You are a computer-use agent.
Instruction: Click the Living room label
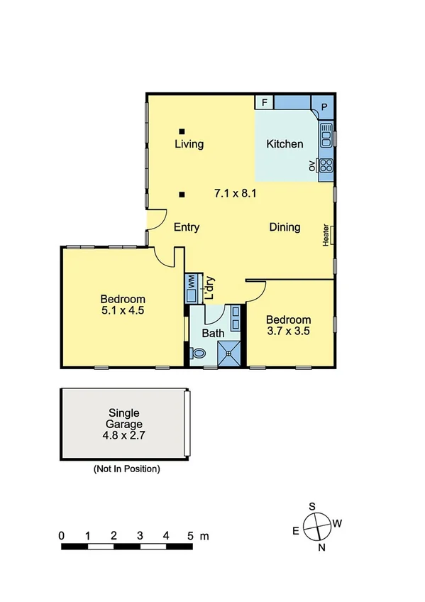[189, 144]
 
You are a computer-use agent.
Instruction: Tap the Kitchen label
[285, 144]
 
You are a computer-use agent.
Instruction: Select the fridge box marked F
[265, 102]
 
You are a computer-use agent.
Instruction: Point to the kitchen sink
[326, 133]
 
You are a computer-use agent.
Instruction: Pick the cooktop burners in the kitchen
[326, 165]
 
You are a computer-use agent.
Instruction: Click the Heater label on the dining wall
[326, 236]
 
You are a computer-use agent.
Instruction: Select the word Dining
[285, 227]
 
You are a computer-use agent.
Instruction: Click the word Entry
[187, 228]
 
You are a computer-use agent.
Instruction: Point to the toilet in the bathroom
[197, 352]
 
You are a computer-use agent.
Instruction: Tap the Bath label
[213, 333]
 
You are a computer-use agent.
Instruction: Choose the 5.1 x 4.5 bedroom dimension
[123, 311]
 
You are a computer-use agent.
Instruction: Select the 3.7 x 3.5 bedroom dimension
[288, 330]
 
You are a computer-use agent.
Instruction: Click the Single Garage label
[123, 418]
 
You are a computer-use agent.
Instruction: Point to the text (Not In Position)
[126, 469]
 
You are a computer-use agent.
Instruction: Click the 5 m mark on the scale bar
[191, 536]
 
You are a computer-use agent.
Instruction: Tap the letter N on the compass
[321, 547]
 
